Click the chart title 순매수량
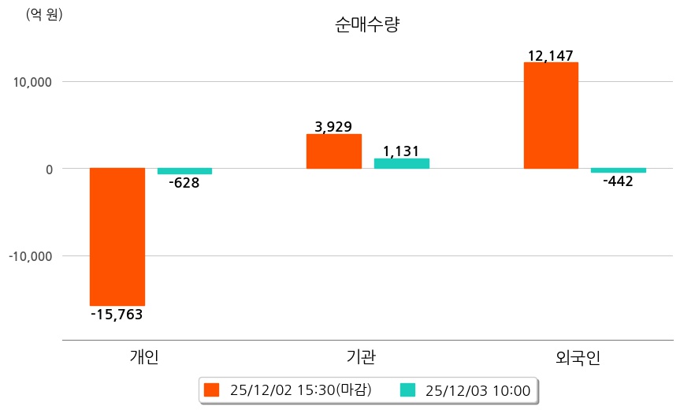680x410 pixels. (367, 25)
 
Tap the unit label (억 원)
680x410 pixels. (44, 15)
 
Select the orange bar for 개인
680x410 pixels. (117, 237)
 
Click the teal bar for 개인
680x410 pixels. (184, 171)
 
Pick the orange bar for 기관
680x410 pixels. (333, 151)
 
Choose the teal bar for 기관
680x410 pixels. (401, 163)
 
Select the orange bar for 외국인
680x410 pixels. (551, 115)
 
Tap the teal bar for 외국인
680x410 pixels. (619, 170)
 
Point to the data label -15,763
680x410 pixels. (117, 315)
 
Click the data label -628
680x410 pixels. (184, 183)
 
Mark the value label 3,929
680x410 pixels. (333, 126)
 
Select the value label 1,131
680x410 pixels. (401, 151)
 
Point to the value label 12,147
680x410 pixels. (551, 55)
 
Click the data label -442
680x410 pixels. (618, 181)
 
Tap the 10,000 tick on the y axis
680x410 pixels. (31, 82)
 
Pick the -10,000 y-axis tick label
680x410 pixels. (28, 256)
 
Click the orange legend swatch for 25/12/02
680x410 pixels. (211, 389)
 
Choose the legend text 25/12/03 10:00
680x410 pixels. (477, 389)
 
